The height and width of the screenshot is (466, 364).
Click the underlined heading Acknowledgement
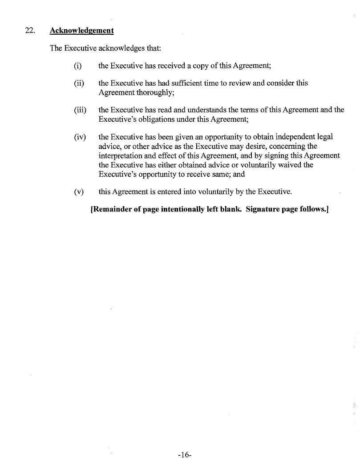tap(81, 31)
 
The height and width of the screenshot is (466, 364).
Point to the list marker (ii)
tap(79, 84)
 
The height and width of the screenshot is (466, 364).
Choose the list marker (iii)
tap(80, 110)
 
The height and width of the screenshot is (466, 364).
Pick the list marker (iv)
tap(80, 137)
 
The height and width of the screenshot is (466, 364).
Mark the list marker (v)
tap(79, 192)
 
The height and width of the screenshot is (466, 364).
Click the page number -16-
tap(184, 454)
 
